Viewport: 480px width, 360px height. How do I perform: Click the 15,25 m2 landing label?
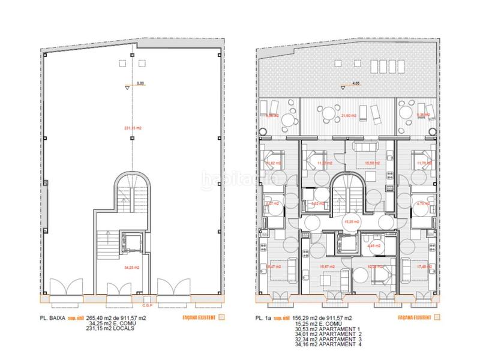coord(351,221)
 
